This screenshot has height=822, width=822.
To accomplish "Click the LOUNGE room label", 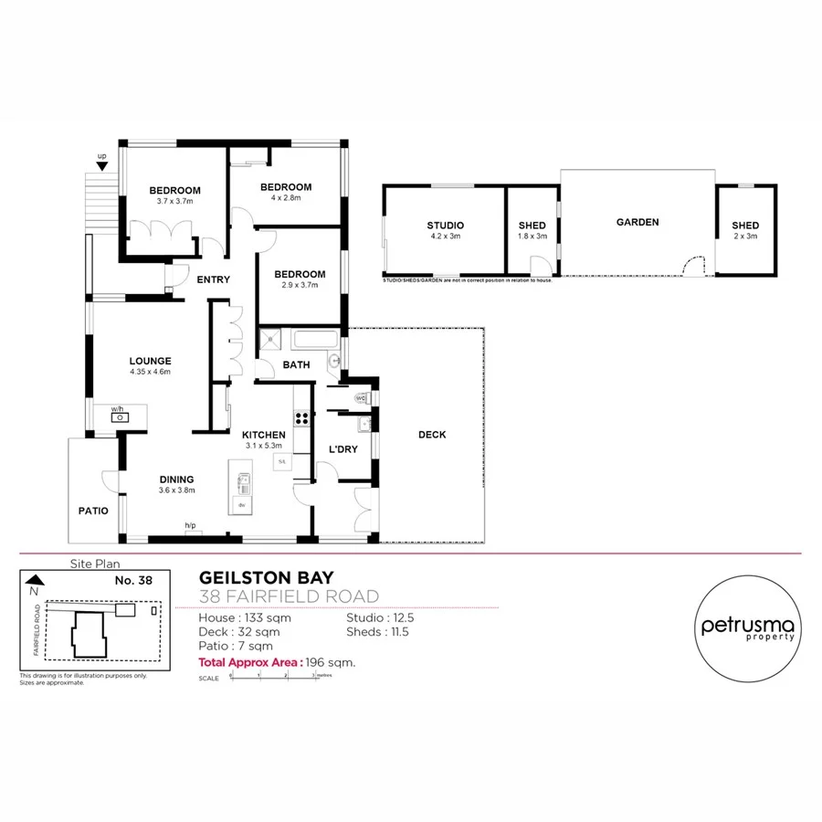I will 151,361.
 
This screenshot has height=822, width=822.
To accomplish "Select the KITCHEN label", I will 263,435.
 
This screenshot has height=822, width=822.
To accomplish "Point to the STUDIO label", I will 445,226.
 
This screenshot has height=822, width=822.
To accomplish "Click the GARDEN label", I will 637,222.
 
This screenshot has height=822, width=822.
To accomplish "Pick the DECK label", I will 432,435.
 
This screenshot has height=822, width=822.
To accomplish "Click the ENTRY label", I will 213,279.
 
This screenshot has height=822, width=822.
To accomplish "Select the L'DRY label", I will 342,449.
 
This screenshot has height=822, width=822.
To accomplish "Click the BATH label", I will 297,364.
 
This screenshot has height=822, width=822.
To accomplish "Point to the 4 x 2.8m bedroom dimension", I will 285,197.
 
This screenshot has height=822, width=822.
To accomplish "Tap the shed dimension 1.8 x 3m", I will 532,236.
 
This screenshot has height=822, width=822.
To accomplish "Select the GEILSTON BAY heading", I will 267,577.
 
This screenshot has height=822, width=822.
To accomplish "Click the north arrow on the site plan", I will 35,579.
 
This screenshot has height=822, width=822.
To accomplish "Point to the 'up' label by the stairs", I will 102,156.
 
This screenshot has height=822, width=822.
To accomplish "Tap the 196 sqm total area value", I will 328,662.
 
